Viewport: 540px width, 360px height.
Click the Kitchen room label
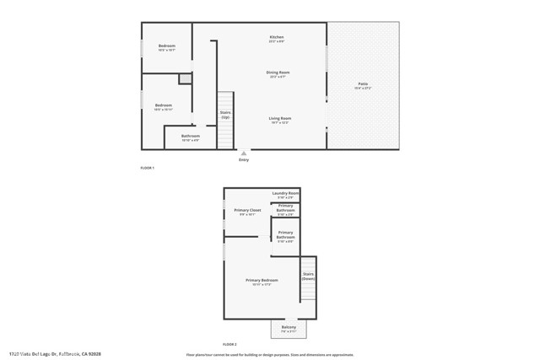(276, 38)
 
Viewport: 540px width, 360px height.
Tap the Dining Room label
(278, 73)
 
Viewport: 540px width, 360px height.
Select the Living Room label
(279, 119)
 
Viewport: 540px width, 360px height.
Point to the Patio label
(363, 84)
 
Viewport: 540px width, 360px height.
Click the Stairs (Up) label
(225, 114)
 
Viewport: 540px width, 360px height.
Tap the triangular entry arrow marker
(244, 153)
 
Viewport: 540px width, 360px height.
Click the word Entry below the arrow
(244, 160)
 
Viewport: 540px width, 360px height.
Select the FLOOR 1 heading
(148, 169)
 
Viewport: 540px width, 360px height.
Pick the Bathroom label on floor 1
(190, 137)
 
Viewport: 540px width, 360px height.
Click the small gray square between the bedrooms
(185, 78)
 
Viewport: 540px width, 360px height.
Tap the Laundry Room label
(285, 194)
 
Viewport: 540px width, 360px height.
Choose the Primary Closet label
(247, 212)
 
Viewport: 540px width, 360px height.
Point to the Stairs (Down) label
(308, 276)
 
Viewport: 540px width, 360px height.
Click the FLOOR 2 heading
(230, 345)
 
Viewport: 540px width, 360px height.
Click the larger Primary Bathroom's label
(285, 235)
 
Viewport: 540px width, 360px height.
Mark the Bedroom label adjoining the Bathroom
(163, 106)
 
